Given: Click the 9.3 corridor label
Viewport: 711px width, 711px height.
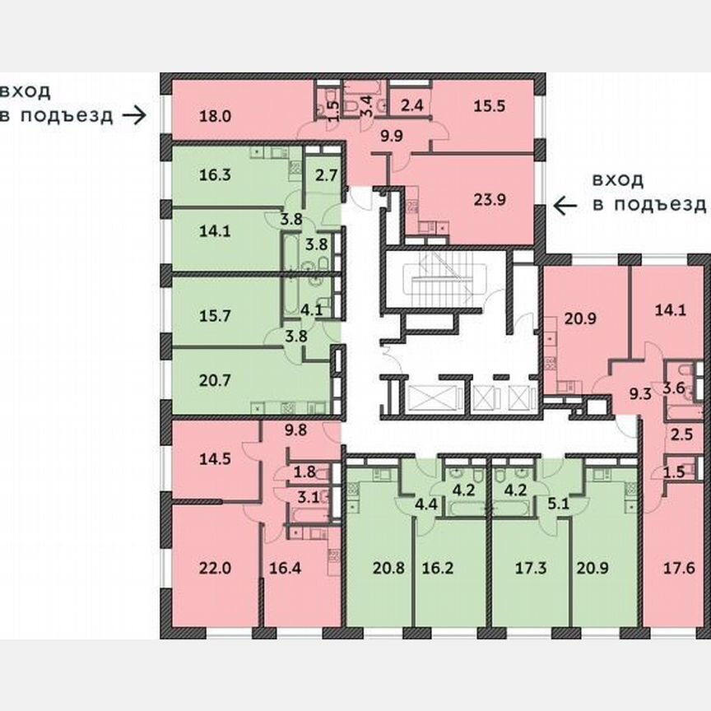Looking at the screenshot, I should click(640, 394).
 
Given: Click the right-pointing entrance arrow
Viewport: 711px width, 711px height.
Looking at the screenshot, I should click(133, 115).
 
